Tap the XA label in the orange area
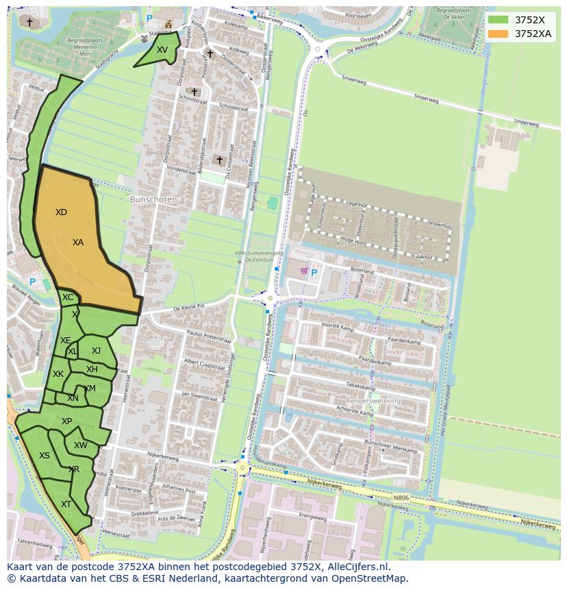tap(78, 243)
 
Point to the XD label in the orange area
tap(61, 212)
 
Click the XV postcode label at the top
tap(162, 50)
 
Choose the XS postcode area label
tap(45, 456)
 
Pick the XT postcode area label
tap(66, 504)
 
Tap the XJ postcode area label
tap(96, 351)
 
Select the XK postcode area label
tap(58, 374)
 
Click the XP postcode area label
tap(66, 421)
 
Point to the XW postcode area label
tap(80, 445)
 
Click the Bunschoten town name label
tap(153, 199)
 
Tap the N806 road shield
tap(401, 498)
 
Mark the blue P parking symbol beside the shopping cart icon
tap(314, 273)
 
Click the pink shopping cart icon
tap(303, 271)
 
